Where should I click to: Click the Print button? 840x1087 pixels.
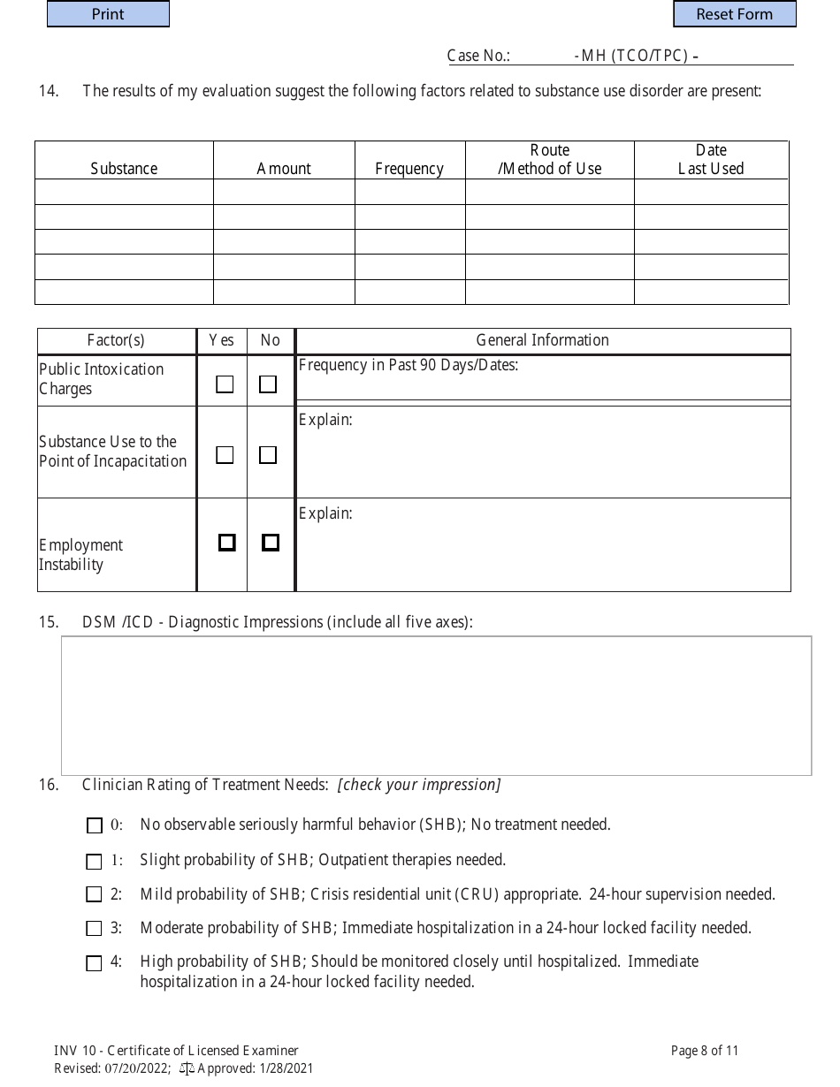[108, 14]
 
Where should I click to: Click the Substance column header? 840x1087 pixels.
[124, 168]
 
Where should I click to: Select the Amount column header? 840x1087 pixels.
[284, 168]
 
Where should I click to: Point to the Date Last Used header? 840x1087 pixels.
[711, 159]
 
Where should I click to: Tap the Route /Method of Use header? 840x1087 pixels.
[549, 159]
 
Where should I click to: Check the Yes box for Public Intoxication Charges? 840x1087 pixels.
[225, 384]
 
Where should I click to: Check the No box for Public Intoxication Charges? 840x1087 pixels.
[267, 384]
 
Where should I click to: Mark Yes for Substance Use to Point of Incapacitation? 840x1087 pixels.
[225, 455]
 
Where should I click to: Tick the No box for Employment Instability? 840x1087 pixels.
[271, 543]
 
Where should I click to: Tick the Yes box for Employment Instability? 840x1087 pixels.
[227, 543]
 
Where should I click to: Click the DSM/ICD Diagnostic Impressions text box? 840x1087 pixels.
[436, 705]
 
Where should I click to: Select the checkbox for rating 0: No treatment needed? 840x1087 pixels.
[95, 826]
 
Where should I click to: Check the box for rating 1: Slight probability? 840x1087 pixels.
[95, 862]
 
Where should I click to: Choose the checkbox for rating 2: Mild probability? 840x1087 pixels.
[95, 895]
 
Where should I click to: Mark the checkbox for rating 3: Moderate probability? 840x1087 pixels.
[95, 929]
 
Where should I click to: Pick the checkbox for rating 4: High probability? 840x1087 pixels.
[95, 963]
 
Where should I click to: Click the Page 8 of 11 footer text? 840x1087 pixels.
[704, 1051]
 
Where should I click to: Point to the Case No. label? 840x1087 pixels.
[478, 56]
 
